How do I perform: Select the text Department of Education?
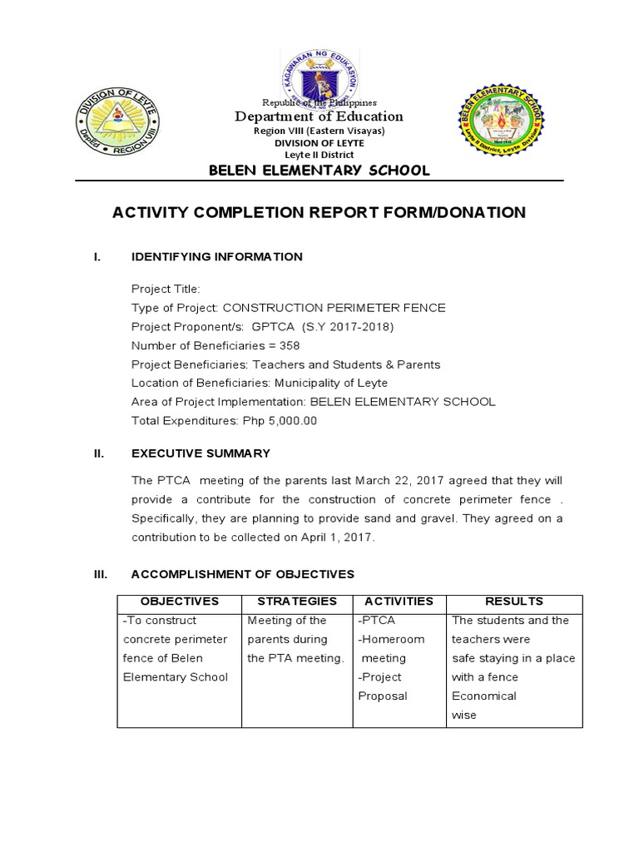pos(319,116)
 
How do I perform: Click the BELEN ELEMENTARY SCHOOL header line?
pos(319,171)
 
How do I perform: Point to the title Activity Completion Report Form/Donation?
pos(319,213)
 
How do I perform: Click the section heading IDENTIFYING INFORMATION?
pos(217,256)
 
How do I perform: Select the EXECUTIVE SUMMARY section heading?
pos(201,453)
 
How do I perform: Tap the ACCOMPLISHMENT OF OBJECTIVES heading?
pos(243,574)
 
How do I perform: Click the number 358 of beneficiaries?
pos(290,345)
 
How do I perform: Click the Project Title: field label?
pos(166,289)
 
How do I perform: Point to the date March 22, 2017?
pos(397,481)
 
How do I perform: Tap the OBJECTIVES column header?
pos(180,601)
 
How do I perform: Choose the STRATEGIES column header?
pos(297,601)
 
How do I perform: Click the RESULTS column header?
pos(514,601)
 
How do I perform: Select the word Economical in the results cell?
pos(483,696)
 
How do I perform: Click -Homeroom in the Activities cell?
pos(391,639)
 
